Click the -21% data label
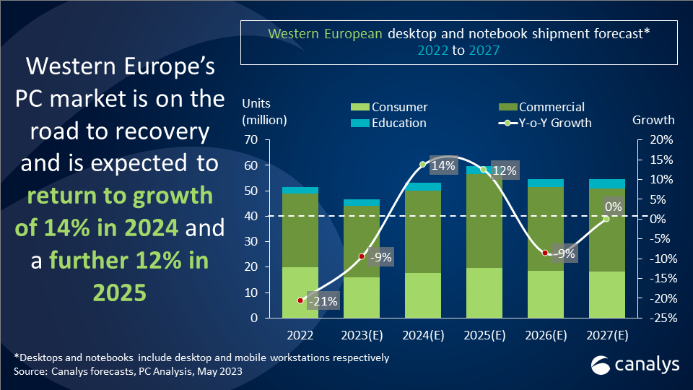coord(323,301)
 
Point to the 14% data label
coord(443,165)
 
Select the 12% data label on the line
coord(504,170)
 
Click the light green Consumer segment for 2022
coord(300,292)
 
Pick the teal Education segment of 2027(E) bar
coord(607,183)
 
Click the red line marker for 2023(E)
coord(362,256)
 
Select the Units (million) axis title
coord(264,112)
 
